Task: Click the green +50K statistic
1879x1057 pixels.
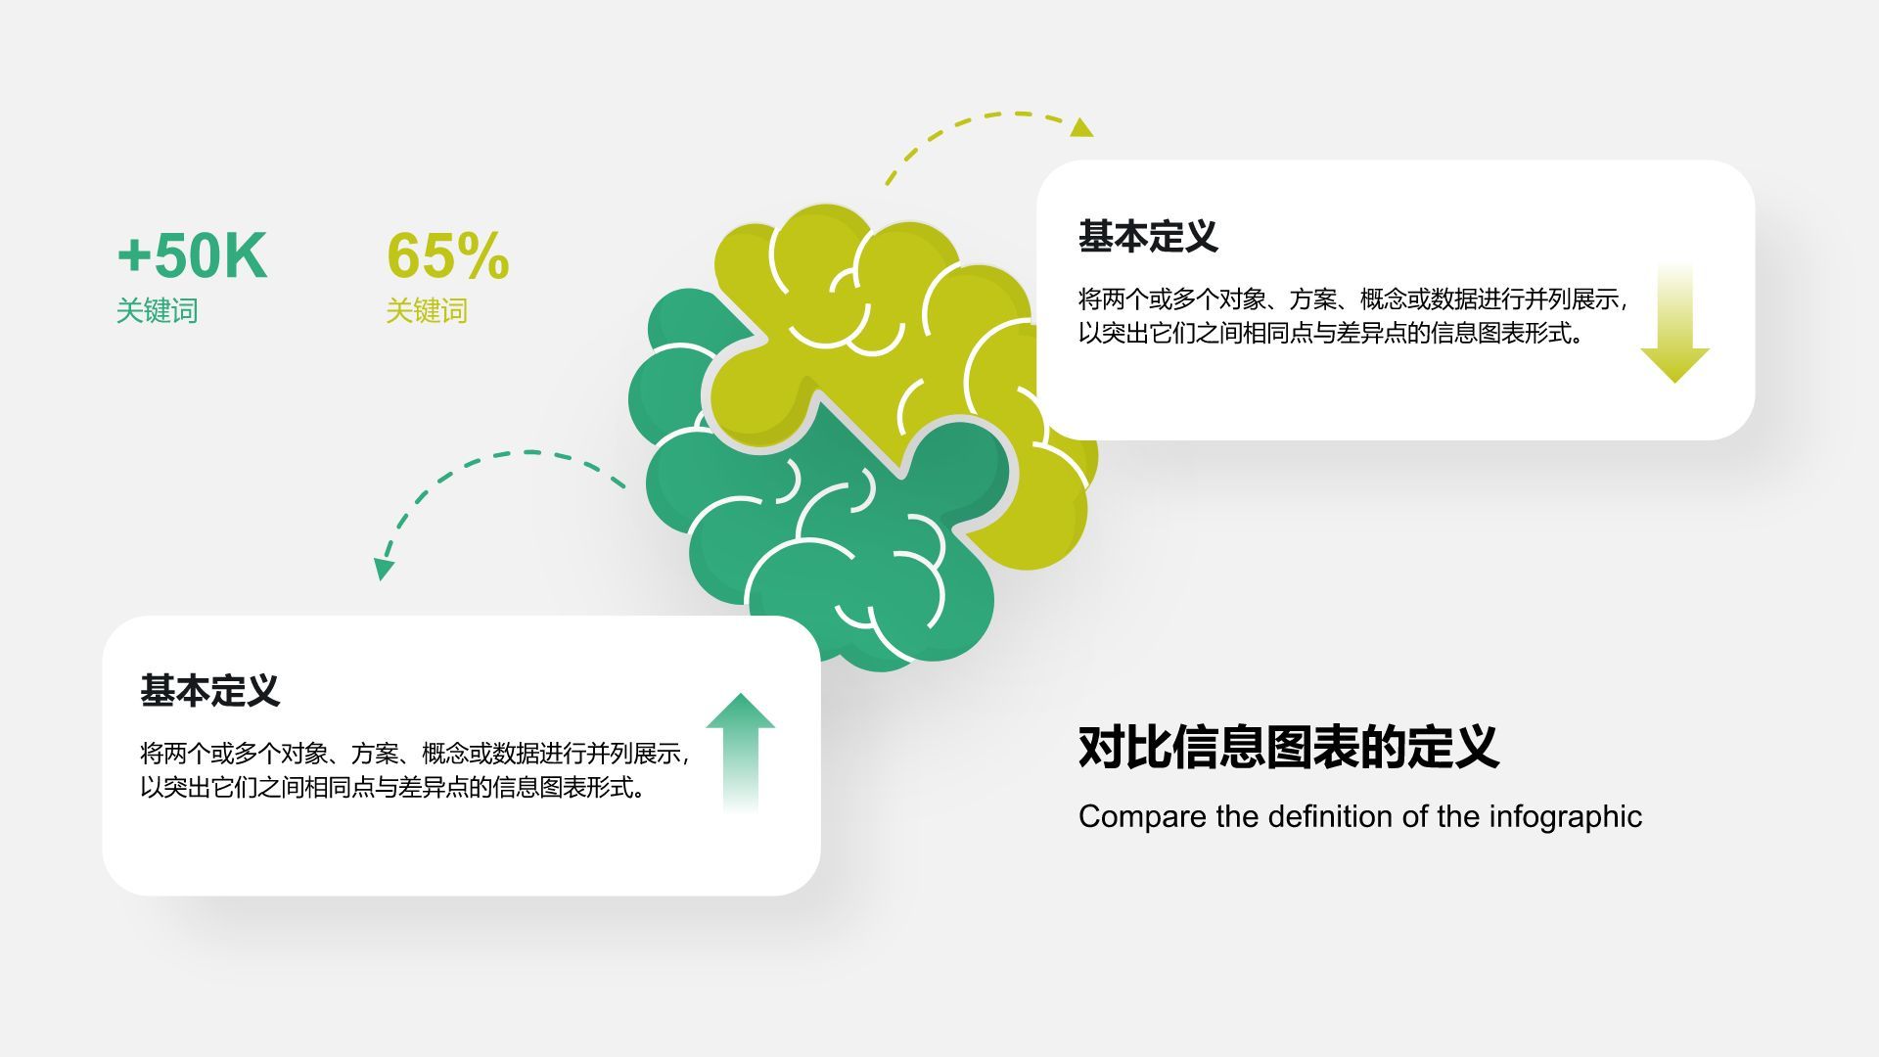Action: pos(192,256)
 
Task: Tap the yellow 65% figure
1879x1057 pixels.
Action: pos(448,256)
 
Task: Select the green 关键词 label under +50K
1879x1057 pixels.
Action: pos(157,311)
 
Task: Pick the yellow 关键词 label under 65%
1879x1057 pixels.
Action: pos(427,311)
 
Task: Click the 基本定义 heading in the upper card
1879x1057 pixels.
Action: pos(1148,237)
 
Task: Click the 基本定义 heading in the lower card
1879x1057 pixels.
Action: pos(209,691)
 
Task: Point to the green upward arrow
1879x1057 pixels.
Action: pos(740,750)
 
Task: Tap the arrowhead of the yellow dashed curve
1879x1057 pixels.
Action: pos(1080,128)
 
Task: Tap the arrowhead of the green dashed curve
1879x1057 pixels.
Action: pos(384,569)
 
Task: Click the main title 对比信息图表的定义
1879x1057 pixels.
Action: pos(1288,748)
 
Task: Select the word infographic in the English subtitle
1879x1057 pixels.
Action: pos(1565,816)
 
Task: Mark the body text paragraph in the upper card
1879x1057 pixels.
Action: pos(1351,316)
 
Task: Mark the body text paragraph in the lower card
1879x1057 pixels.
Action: pos(413,770)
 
